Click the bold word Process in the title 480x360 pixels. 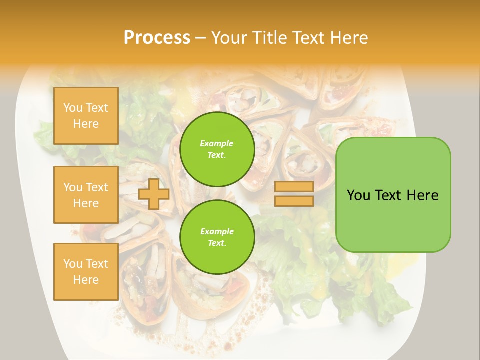(x=157, y=38)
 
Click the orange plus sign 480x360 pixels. (x=154, y=194)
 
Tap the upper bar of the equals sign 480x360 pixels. (x=294, y=187)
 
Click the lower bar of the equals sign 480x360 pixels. (x=294, y=201)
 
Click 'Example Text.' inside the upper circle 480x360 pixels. (x=217, y=149)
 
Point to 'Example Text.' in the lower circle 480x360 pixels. (x=217, y=237)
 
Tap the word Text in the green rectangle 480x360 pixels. (x=389, y=195)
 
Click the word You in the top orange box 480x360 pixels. (x=73, y=108)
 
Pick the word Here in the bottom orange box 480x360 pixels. (x=86, y=280)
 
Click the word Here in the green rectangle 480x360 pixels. (x=422, y=195)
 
